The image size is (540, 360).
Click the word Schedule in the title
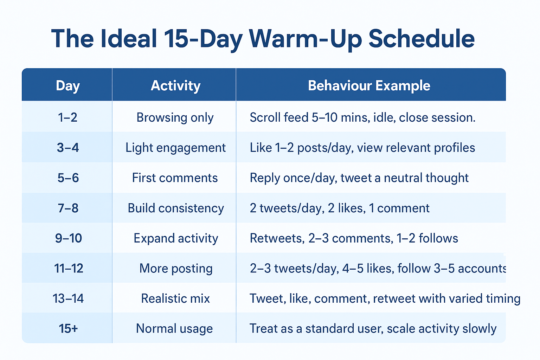(x=422, y=39)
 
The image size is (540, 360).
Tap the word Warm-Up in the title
(x=305, y=40)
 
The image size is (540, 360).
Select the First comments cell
(x=175, y=178)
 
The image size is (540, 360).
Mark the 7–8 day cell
(x=68, y=208)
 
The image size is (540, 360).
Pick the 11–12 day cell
(x=69, y=268)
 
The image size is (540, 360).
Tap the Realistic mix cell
(x=175, y=298)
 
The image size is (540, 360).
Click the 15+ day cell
(x=68, y=328)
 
